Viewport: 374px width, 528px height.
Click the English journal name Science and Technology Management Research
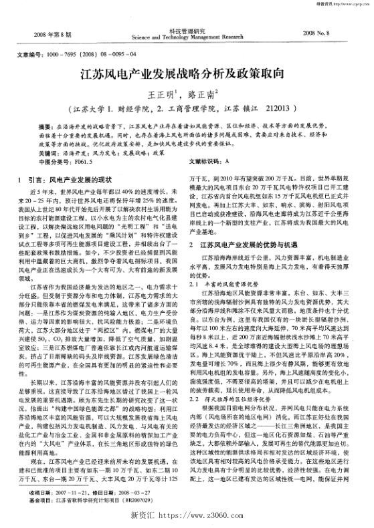187,37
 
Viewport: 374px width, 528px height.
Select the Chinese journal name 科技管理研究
187,30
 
